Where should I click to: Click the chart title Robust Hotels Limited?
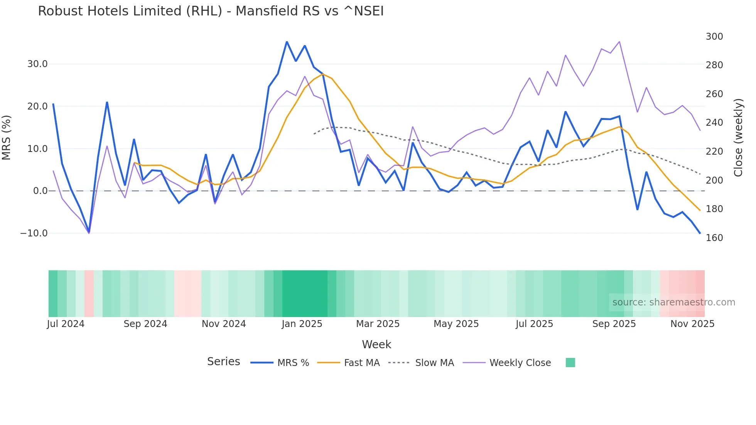(x=211, y=11)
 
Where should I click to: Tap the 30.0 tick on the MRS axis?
(x=37, y=64)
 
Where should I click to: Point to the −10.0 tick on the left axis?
(x=34, y=233)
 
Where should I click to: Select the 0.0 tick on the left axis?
(x=40, y=191)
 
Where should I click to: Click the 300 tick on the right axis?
(x=714, y=37)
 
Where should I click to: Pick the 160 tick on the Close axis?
(x=714, y=238)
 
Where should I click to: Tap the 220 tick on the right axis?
(x=714, y=152)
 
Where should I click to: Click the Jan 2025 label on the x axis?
(x=302, y=324)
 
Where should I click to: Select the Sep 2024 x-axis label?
(x=145, y=324)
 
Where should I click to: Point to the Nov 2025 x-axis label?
(x=692, y=324)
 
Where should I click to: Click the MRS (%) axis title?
(x=7, y=138)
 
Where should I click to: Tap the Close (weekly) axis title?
(x=738, y=138)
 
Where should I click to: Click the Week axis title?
(x=376, y=344)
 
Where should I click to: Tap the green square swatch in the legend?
(x=570, y=363)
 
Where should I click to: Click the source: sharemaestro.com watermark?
(x=673, y=302)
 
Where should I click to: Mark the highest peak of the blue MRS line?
(x=287, y=42)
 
